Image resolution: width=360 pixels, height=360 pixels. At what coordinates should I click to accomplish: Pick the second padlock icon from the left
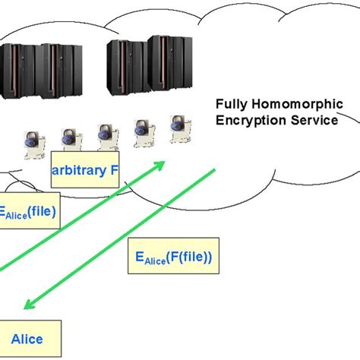pyautogui.click(x=70, y=139)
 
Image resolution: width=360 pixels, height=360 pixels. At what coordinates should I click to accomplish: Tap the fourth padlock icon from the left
pyautogui.click(x=141, y=130)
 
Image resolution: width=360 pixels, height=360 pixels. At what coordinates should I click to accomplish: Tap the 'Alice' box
pyautogui.click(x=27, y=338)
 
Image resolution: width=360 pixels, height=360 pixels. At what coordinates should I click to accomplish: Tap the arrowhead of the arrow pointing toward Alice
pyautogui.click(x=28, y=305)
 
